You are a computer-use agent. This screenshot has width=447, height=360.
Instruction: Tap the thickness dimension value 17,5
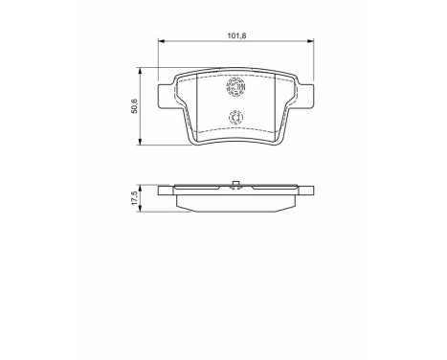(x=134, y=198)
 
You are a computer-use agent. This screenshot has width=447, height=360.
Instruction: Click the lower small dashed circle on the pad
(x=235, y=120)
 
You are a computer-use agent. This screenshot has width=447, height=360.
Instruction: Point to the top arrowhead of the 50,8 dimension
(x=142, y=71)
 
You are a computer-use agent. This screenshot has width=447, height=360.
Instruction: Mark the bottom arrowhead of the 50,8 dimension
(x=142, y=143)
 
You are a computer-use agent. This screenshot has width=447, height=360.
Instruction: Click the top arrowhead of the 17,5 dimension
(x=142, y=185)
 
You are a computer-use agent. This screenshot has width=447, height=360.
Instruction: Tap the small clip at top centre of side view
(x=235, y=183)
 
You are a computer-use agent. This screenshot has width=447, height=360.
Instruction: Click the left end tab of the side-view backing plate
(x=165, y=191)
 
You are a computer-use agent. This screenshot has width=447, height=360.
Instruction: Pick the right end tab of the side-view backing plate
(x=307, y=191)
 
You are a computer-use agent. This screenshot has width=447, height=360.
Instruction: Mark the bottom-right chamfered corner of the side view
(x=292, y=207)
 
